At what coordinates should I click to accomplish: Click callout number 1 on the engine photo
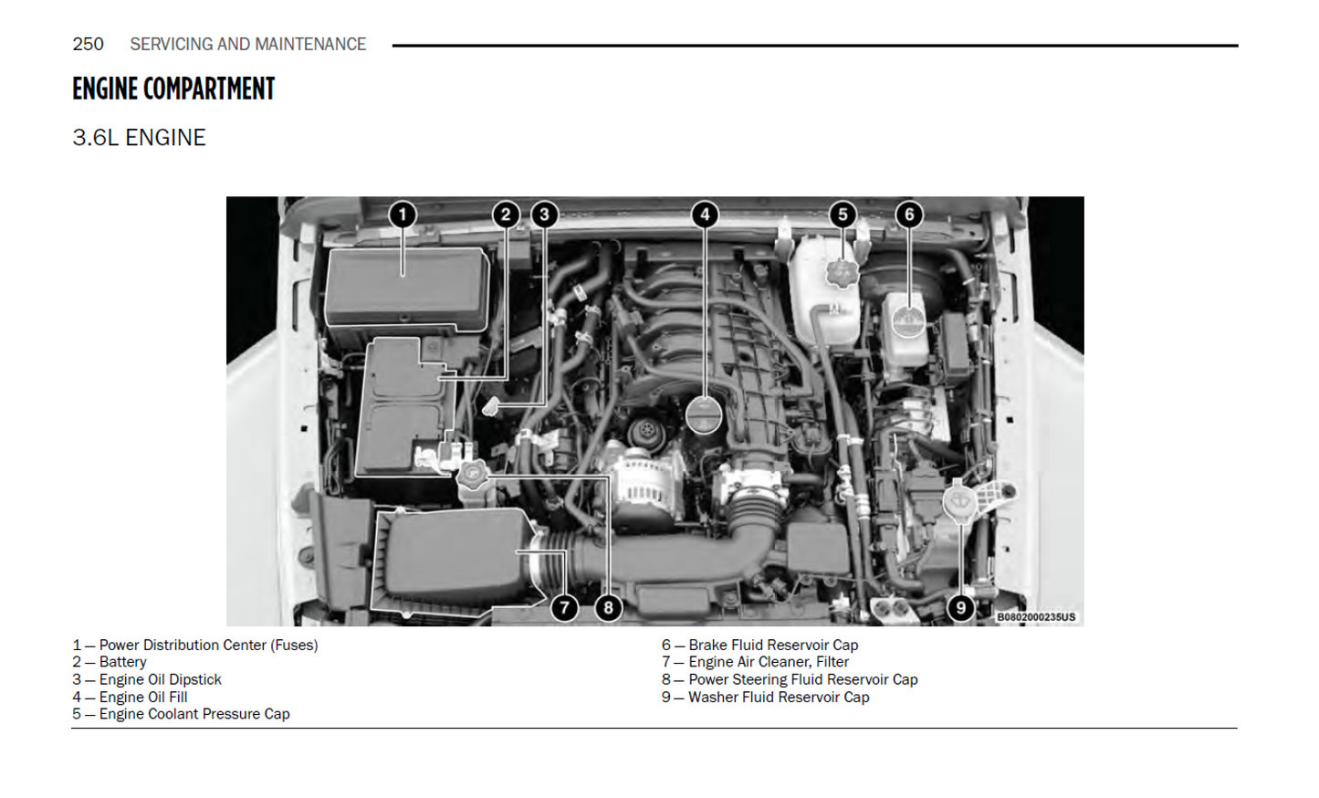pyautogui.click(x=403, y=215)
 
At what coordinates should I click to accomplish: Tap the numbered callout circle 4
pyautogui.click(x=705, y=215)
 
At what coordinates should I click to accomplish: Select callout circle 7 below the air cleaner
pyautogui.click(x=564, y=607)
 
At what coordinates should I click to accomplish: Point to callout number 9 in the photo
pyautogui.click(x=960, y=607)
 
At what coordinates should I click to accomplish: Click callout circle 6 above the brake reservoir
pyautogui.click(x=908, y=215)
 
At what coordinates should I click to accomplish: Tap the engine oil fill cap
pyautogui.click(x=704, y=415)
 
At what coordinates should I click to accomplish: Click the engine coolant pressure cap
pyautogui.click(x=843, y=273)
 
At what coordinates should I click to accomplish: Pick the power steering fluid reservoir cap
pyautogui.click(x=472, y=475)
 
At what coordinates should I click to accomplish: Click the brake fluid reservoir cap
pyautogui.click(x=909, y=321)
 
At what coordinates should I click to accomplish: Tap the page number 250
pyautogui.click(x=88, y=44)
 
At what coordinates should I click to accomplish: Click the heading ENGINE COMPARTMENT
pyautogui.click(x=173, y=89)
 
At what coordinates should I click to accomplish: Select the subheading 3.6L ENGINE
pyautogui.click(x=139, y=138)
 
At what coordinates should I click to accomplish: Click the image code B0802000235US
pyautogui.click(x=1036, y=616)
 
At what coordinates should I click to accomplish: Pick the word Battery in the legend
pyautogui.click(x=122, y=662)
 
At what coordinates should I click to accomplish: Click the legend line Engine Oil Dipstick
pyautogui.click(x=147, y=679)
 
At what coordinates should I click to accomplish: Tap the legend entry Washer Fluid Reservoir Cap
pyautogui.click(x=765, y=698)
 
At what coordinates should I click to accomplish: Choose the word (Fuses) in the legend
pyautogui.click(x=294, y=646)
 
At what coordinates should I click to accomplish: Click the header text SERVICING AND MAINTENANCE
pyautogui.click(x=248, y=44)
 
